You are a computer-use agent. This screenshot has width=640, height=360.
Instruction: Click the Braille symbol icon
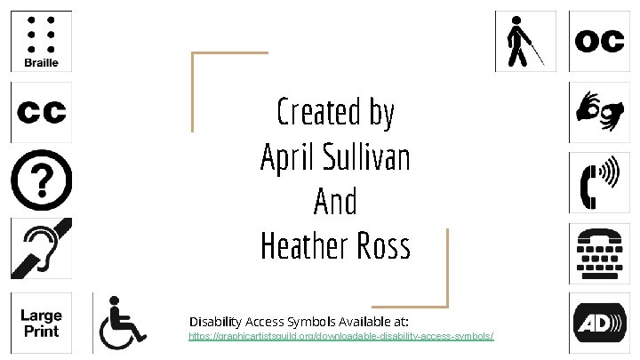(x=40, y=41)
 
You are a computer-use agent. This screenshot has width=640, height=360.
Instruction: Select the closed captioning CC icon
(x=40, y=112)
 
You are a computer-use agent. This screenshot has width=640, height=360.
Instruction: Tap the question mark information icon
(x=40, y=182)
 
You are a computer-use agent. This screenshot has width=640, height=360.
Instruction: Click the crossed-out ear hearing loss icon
(x=40, y=252)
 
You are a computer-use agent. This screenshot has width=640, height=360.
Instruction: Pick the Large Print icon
(x=40, y=323)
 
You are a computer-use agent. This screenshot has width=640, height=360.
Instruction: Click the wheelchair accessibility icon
(x=124, y=323)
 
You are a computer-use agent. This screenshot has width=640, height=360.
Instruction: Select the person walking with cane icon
(x=524, y=41)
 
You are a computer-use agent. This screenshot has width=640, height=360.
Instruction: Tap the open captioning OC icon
(x=600, y=41)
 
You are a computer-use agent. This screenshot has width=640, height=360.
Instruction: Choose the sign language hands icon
(x=600, y=112)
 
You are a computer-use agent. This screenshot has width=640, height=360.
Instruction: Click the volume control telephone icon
(x=600, y=182)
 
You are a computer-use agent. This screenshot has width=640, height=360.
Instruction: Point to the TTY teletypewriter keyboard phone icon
(x=600, y=252)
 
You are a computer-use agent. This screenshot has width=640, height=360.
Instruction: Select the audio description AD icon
(x=600, y=323)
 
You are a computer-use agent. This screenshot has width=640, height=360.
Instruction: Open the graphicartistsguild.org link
(x=340, y=338)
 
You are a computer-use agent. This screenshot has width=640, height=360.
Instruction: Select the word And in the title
(x=335, y=202)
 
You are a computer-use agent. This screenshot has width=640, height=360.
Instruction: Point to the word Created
(x=308, y=114)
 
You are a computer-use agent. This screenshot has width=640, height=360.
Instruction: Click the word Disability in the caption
(x=220, y=319)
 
